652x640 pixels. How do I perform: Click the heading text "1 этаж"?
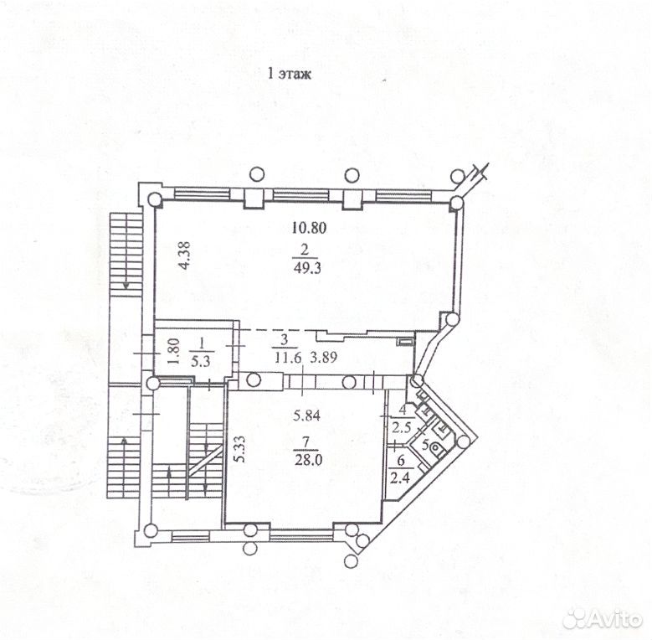pos(290,75)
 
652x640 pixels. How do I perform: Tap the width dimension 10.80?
pos(309,228)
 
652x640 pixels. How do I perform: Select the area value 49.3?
pos(307,268)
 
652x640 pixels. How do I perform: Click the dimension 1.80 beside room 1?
pos(174,351)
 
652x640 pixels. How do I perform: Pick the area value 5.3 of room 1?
pos(201,361)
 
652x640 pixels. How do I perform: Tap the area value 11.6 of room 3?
pos(288,357)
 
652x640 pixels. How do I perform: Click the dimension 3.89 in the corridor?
pos(324,357)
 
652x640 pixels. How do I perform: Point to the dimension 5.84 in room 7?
pos(306,415)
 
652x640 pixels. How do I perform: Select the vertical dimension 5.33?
pos(239,448)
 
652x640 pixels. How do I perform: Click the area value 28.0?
pos(308,460)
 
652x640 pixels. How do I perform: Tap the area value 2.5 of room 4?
pos(401,427)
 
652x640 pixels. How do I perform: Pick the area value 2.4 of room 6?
pos(400,477)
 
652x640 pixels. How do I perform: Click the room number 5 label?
pos(425,445)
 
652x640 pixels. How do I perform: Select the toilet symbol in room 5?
pos(436,448)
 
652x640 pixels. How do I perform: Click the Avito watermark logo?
pos(602,619)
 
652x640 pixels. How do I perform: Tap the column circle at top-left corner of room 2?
pos(154,200)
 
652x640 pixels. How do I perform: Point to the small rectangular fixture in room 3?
pos(403,342)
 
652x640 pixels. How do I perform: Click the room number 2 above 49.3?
pos(305,250)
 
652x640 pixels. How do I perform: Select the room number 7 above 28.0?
pos(306,443)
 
